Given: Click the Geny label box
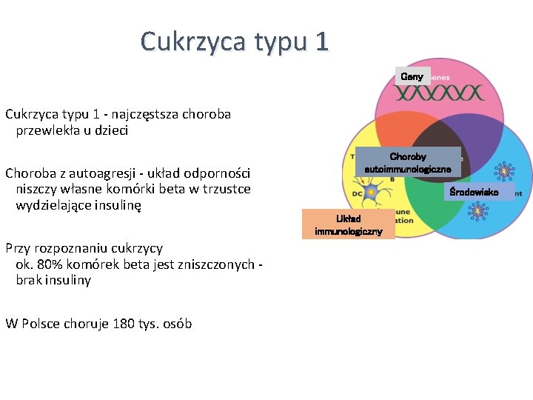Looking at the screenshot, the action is [412, 76].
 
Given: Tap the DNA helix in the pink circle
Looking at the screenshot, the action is [438, 93].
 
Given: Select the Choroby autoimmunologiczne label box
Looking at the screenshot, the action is [408, 163].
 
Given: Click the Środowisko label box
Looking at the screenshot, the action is [480, 192].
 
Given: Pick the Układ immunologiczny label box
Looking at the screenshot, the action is [348, 224].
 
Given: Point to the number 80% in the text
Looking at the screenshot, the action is [48, 264].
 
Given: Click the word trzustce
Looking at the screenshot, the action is [221, 189].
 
